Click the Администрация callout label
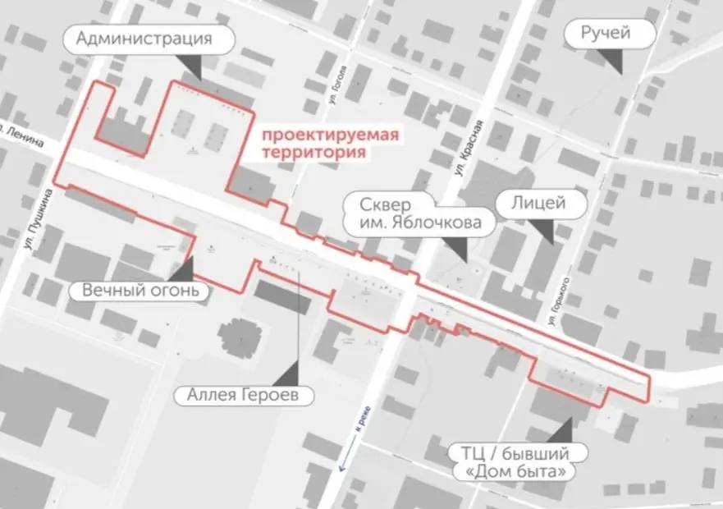(x=144, y=38)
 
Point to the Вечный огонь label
(x=140, y=291)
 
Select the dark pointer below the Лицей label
(x=545, y=232)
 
